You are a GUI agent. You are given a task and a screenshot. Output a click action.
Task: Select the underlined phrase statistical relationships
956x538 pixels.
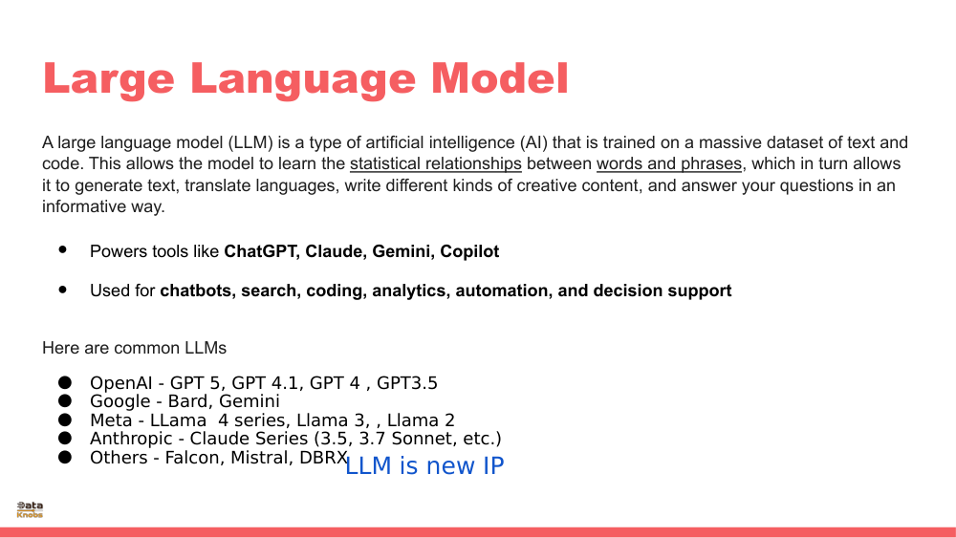click(435, 163)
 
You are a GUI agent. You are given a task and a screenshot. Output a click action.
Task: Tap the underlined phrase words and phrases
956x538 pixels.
click(669, 163)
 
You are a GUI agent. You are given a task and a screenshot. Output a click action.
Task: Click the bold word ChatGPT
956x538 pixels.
click(260, 252)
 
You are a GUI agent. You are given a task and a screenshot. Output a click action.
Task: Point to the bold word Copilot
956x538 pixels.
click(469, 252)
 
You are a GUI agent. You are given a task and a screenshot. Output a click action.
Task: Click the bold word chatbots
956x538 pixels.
click(196, 291)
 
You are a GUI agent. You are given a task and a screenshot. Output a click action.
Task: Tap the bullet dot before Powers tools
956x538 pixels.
click(64, 249)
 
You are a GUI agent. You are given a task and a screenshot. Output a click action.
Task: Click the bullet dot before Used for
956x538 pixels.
click(64, 288)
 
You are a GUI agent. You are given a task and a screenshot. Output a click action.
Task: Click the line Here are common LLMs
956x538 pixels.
click(134, 348)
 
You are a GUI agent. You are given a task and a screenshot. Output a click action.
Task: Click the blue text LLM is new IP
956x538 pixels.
click(424, 466)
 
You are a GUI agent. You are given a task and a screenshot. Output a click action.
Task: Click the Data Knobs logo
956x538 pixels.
click(30, 509)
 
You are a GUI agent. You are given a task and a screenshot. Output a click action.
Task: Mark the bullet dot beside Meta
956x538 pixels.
click(65, 420)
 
